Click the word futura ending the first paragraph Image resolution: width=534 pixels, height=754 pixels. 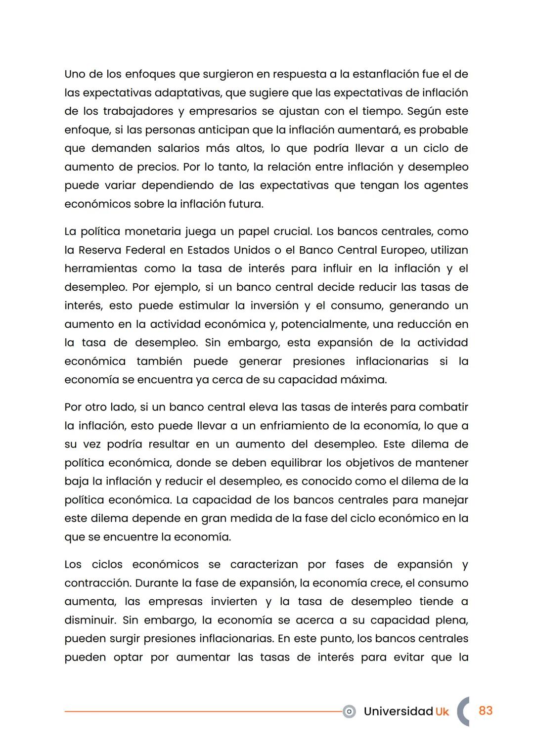click(x=246, y=204)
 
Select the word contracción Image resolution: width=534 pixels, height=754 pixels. click(x=97, y=583)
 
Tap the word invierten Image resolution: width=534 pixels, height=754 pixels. click(x=234, y=602)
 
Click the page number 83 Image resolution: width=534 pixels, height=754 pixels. click(x=486, y=710)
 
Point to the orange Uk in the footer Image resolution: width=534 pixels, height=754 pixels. click(x=442, y=711)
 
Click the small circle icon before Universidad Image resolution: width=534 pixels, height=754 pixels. click(x=349, y=711)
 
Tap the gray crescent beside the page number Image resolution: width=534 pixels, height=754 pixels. click(x=462, y=711)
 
